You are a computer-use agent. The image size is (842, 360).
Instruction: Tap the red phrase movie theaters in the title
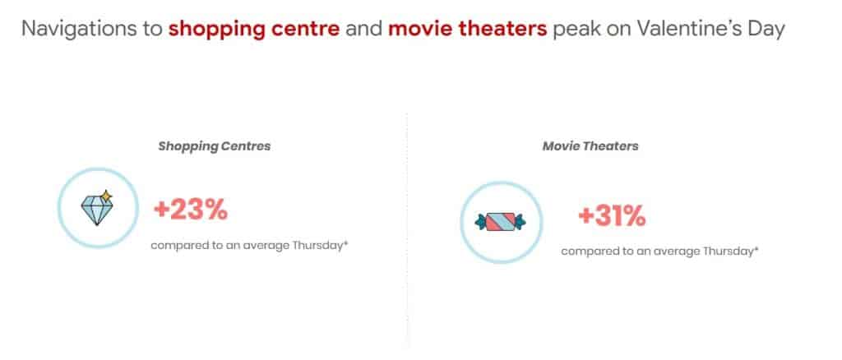(467, 29)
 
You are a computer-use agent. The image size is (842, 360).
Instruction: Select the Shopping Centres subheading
(215, 146)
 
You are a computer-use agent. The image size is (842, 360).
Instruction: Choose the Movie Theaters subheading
(590, 146)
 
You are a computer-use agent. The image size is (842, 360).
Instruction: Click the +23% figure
(191, 210)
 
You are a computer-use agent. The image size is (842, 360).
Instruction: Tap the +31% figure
(612, 216)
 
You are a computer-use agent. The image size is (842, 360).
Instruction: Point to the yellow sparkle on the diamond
(106, 196)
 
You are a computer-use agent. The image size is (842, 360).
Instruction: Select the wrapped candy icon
(501, 222)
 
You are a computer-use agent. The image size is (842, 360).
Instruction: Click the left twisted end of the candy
(480, 222)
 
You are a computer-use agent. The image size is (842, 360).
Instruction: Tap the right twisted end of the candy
(520, 222)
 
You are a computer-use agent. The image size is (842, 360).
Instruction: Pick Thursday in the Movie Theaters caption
(729, 251)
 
